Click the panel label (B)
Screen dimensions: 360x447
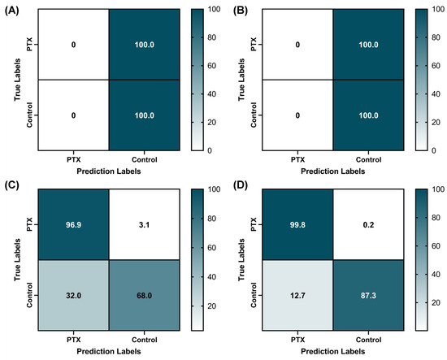point(236,11)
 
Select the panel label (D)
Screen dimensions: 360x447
point(236,187)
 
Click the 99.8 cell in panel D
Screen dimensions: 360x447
point(296,222)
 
